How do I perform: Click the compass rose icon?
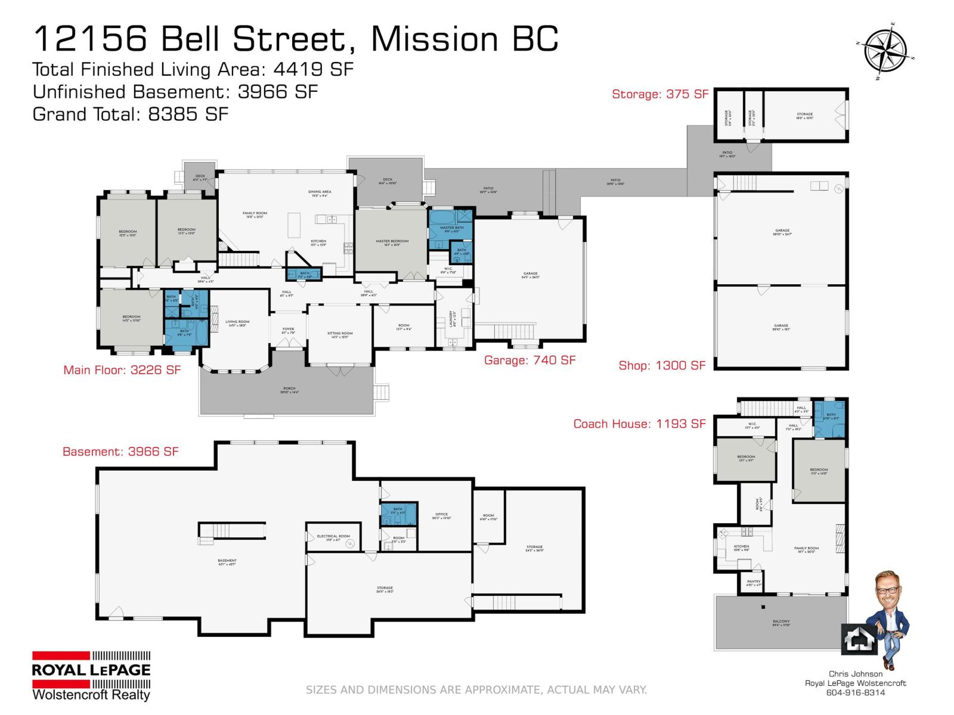885,51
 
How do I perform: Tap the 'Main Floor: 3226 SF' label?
122,370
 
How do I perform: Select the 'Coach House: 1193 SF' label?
639,424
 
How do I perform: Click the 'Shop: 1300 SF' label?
662,365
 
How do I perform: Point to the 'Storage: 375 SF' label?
660,94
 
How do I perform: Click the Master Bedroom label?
392,241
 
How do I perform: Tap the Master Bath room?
451,228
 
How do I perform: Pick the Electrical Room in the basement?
333,537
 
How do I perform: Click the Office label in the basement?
441,515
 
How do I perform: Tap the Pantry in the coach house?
753,583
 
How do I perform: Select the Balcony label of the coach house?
780,623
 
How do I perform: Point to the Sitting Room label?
340,335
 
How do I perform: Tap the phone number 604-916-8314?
855,692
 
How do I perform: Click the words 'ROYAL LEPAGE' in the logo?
91,670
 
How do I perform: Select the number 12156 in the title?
89,39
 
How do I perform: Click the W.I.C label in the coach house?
752,425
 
